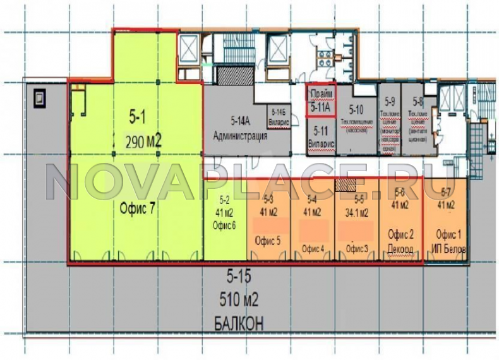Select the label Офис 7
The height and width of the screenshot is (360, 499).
click(x=138, y=211)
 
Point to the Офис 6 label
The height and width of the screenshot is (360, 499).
click(x=225, y=227)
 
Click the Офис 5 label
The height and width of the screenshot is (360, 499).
click(x=268, y=241)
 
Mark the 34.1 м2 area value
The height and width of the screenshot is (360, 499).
click(x=355, y=212)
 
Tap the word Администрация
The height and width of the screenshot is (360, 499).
click(x=240, y=136)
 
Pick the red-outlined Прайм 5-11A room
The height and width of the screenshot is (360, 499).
click(x=321, y=101)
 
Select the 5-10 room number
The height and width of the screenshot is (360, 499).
click(x=356, y=107)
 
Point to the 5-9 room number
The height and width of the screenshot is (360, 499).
click(x=390, y=102)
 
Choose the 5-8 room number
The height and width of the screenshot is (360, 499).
click(x=418, y=102)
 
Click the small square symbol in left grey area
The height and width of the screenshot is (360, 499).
click(x=39, y=98)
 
